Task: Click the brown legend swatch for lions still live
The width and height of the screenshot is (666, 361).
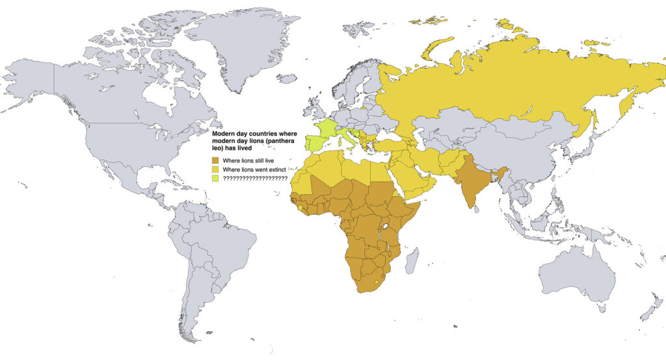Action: click(x=216, y=160)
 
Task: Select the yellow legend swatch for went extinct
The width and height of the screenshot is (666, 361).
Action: click(x=216, y=169)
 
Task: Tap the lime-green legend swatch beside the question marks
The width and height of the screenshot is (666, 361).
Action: click(x=216, y=178)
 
